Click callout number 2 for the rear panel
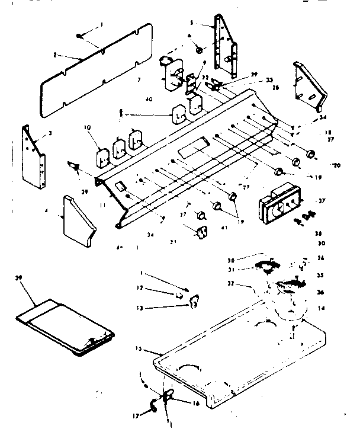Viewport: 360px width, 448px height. [54, 55]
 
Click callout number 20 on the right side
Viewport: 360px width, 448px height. [337, 165]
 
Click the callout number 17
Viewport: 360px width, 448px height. [136, 416]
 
